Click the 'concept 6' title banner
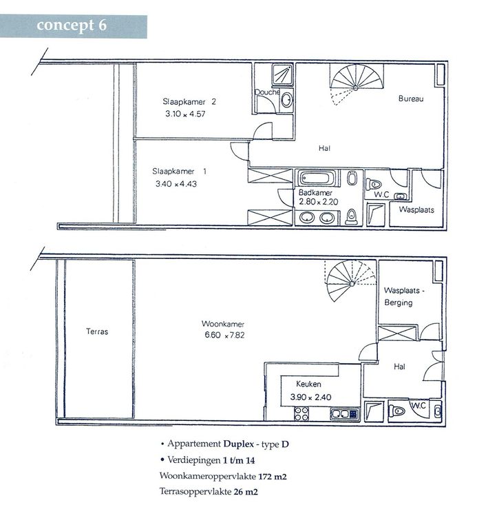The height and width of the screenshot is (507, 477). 74,26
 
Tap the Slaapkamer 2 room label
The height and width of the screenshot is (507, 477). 189,102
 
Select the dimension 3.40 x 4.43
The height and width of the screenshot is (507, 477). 176,184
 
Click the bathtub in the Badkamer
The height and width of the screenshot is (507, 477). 315,178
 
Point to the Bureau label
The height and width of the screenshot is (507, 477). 411,99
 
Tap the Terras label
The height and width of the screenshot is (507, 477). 97,331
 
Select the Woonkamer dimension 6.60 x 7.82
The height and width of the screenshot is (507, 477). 224,335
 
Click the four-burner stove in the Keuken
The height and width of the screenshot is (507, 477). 301,413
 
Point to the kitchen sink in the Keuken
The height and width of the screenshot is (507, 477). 344,414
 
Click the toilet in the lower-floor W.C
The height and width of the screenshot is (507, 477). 396,411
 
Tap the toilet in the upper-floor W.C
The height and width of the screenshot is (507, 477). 373,185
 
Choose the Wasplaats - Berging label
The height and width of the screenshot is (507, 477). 403,296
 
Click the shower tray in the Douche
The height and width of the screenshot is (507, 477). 282,74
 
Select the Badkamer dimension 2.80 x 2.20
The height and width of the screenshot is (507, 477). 318,202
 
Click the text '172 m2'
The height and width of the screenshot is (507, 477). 273,477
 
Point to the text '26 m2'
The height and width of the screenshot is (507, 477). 246,492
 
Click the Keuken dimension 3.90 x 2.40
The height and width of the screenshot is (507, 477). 310,397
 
